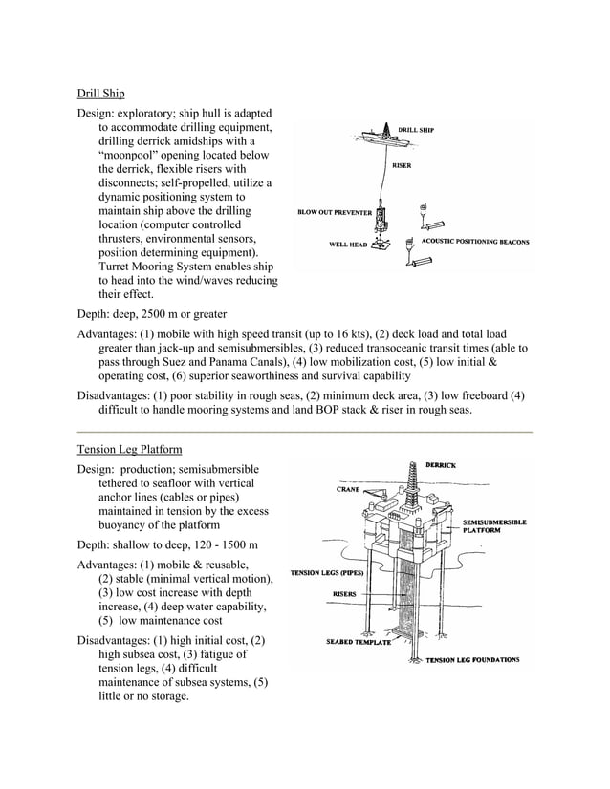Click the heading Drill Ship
(100, 94)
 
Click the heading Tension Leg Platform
(129, 449)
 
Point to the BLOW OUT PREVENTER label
(334, 212)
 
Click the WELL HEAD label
(348, 245)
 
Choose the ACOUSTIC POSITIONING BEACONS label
(475, 242)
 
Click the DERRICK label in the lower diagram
(440, 465)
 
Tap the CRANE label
(348, 489)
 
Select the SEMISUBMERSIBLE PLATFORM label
(493, 525)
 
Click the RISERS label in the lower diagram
(344, 593)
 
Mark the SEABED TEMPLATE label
(359, 641)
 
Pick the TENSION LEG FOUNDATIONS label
(472, 659)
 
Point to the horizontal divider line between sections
(304, 433)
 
